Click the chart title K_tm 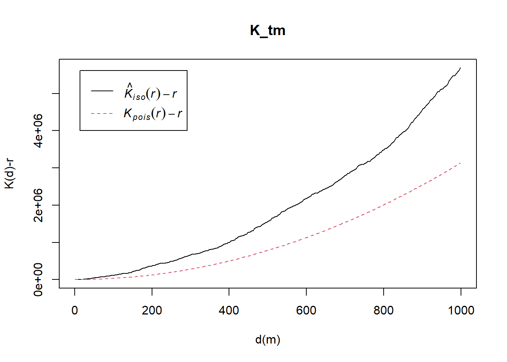(267, 31)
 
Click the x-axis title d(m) (267, 340)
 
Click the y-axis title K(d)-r (9, 173)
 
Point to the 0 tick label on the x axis (75, 310)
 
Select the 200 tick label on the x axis (152, 310)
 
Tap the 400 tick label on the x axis (229, 310)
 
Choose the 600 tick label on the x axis (306, 310)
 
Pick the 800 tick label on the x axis (384, 310)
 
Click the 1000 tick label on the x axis (461, 310)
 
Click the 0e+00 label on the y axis (38, 279)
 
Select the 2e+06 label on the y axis (38, 205)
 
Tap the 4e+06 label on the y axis (38, 130)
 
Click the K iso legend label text (151, 92)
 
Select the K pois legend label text (153, 113)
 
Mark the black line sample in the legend (102, 90)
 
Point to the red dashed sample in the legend (102, 113)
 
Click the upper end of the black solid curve (460, 68)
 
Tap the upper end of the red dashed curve (461, 163)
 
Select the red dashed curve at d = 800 (384, 205)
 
